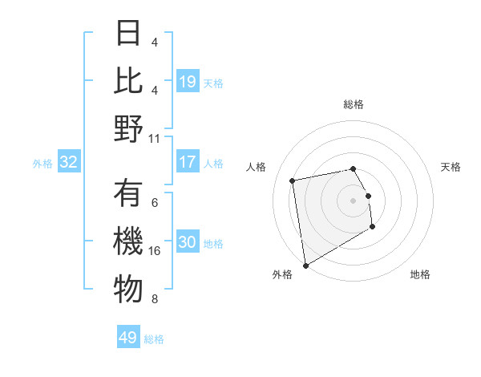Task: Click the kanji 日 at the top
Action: point(128,33)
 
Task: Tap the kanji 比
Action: point(128,81)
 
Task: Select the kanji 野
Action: point(128,129)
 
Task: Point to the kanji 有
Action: point(128,195)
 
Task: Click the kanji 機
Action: point(128,243)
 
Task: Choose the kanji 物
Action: point(128,291)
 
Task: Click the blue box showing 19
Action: point(187,81)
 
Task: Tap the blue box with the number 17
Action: point(187,162)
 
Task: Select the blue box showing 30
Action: point(187,243)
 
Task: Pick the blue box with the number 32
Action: point(68,162)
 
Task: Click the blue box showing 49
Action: point(128,338)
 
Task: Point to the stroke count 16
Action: point(156,251)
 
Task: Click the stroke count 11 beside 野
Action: point(155,137)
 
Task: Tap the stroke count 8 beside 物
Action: point(154,299)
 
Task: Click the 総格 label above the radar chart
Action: point(354,104)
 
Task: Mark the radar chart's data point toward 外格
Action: point(305,266)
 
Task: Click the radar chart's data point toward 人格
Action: point(293,180)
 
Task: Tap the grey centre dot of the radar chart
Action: point(353,200)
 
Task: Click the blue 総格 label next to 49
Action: point(154,339)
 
